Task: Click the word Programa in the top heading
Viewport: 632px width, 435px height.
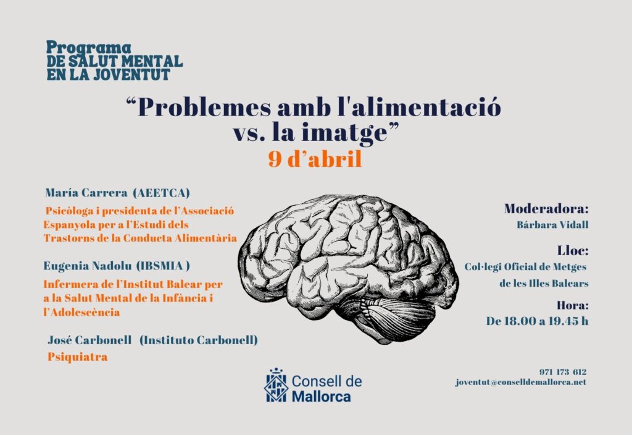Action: click(x=89, y=48)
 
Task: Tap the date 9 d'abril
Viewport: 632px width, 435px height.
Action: click(x=315, y=159)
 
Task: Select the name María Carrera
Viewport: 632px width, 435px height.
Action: click(x=86, y=193)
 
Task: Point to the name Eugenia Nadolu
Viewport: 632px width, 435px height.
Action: click(x=88, y=266)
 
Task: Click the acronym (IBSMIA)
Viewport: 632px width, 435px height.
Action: click(x=163, y=266)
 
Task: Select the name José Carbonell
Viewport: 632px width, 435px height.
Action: click(x=89, y=340)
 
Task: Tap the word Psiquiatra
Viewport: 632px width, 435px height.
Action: click(x=77, y=357)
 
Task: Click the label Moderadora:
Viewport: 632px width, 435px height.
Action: click(x=546, y=209)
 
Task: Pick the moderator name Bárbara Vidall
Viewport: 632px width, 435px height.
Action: click(x=552, y=224)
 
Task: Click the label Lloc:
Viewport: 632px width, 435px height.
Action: click(x=573, y=250)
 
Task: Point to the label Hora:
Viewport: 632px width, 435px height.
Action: click(x=572, y=305)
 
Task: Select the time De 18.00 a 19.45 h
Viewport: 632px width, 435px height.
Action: click(x=537, y=321)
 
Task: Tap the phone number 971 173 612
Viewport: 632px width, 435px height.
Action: click(x=563, y=371)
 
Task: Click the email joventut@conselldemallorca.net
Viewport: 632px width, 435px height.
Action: click(x=521, y=382)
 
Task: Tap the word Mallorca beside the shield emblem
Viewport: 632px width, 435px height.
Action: click(x=321, y=396)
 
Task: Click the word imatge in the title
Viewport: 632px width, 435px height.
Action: click(x=344, y=133)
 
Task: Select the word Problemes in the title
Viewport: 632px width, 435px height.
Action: click(x=204, y=108)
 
